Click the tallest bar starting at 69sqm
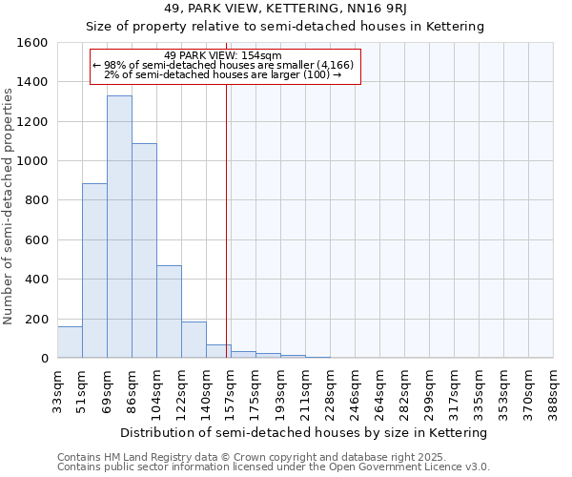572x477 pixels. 119,227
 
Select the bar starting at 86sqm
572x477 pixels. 144,251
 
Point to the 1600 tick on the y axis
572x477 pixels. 33,43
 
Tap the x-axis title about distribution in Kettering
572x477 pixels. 305,432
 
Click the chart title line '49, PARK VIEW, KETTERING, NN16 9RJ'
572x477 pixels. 285,9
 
